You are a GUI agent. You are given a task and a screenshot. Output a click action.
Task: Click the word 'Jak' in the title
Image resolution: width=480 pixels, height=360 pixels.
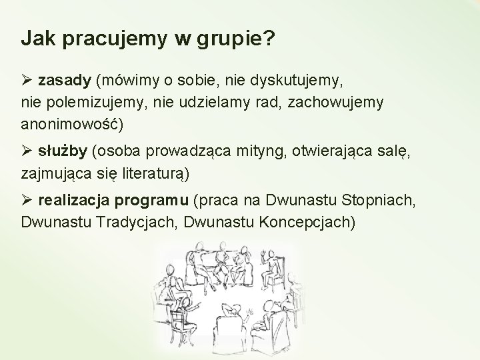tap(35, 39)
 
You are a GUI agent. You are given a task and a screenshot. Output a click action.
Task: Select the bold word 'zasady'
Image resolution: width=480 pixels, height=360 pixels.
tap(67, 81)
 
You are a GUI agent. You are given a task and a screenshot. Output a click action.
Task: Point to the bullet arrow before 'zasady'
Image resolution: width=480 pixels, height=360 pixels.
tap(27, 81)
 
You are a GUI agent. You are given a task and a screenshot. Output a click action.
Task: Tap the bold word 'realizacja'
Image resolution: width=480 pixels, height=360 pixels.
tap(74, 199)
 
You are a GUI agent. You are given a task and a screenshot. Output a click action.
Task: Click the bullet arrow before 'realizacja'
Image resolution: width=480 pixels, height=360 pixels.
tap(27, 199)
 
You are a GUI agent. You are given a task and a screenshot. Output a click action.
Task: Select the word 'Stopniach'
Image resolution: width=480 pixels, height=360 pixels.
tap(382, 199)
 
